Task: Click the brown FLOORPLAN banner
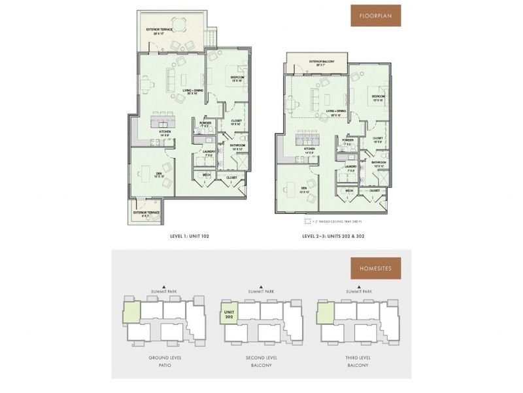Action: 375,16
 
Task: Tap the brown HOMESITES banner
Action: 375,268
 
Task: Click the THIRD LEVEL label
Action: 361,358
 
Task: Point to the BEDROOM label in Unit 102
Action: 236,77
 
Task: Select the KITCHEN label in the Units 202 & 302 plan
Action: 309,149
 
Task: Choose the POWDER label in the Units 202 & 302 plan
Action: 348,141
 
